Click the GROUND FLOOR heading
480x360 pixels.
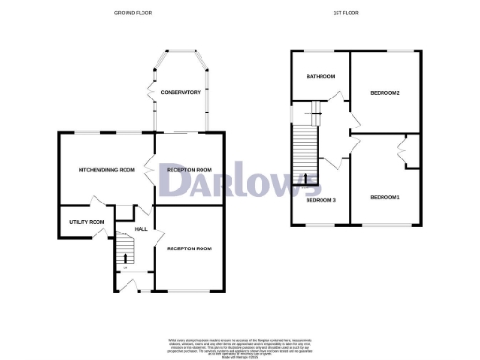click(133, 13)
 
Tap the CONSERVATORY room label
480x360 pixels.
click(180, 92)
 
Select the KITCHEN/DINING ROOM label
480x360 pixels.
click(107, 170)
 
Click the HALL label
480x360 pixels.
click(142, 228)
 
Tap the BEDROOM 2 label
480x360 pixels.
click(385, 93)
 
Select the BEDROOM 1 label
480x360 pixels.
click(384, 197)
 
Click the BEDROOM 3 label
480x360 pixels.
click(321, 200)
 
